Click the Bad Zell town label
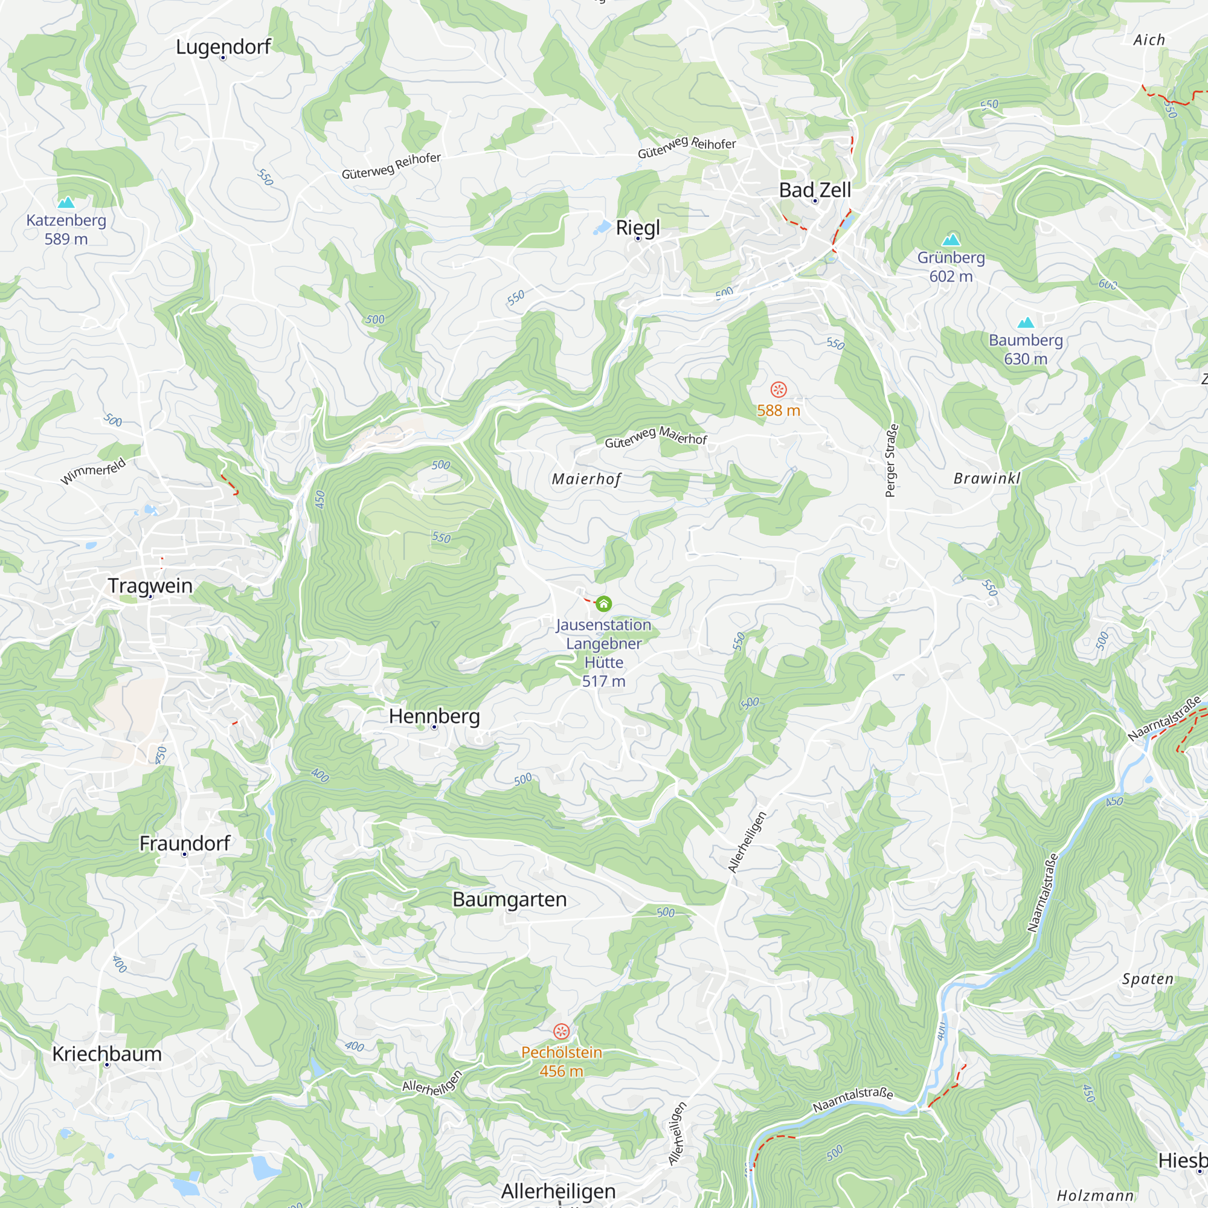[x=815, y=190]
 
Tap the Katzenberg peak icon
[x=66, y=202]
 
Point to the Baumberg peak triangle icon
[x=1026, y=323]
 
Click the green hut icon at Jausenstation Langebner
[x=603, y=604]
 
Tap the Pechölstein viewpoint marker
[x=562, y=1031]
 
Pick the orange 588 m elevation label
[x=779, y=411]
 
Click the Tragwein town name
[x=150, y=586]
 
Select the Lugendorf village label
[x=223, y=47]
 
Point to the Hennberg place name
[x=434, y=716]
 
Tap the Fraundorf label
[x=184, y=843]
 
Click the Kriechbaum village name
[x=107, y=1054]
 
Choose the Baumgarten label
[x=510, y=900]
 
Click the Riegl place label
[x=638, y=228]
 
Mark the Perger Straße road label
[x=892, y=461]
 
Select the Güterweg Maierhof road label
[x=656, y=437]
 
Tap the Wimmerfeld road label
[x=93, y=472]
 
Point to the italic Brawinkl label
[x=987, y=479]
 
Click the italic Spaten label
[x=1148, y=979]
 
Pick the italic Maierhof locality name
[x=586, y=480]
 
